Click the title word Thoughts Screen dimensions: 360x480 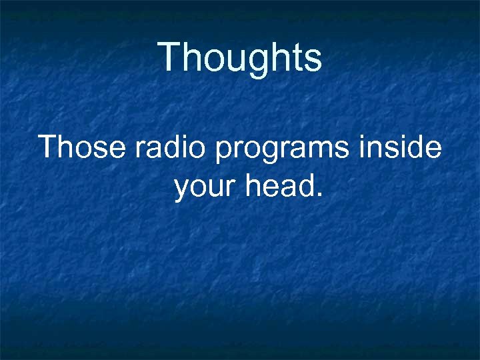click(x=240, y=57)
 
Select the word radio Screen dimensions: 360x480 click(x=171, y=147)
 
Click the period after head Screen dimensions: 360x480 click(x=319, y=196)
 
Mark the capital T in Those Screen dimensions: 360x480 click(x=49, y=147)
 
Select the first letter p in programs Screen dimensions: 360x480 click(x=224, y=151)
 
